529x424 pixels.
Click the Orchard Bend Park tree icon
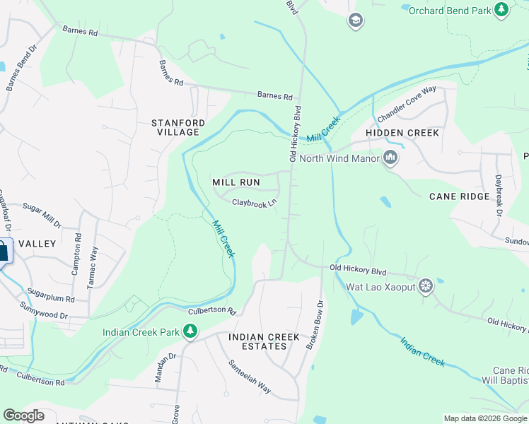pos(501,10)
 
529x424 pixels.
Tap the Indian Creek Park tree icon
pos(190,331)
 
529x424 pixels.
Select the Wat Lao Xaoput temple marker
pos(426,286)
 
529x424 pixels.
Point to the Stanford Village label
pos(178,127)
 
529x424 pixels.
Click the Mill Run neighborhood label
pos(236,182)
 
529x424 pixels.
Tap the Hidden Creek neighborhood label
pos(402,133)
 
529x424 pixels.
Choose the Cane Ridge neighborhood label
pos(460,196)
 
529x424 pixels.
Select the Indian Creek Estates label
pos(257,341)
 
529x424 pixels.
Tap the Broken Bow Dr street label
pos(315,324)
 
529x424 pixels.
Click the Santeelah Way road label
pos(249,377)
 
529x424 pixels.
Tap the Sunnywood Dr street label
pos(44,311)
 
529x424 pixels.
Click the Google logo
pos(23,416)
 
